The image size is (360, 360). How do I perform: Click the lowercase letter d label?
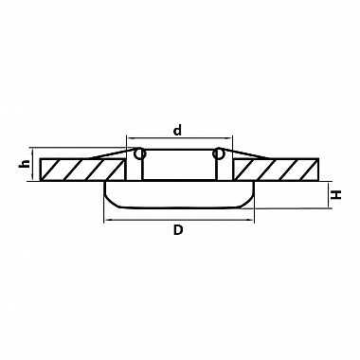(x=178, y=130)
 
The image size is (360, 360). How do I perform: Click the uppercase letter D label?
(x=178, y=230)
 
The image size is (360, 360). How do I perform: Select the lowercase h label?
(x=25, y=163)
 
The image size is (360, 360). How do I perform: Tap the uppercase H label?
(x=337, y=194)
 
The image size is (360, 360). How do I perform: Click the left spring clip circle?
(x=139, y=153)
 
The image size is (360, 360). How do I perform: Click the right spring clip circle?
(x=218, y=153)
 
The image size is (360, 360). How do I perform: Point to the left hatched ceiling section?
(x=81, y=170)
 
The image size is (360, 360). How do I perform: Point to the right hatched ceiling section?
(x=277, y=170)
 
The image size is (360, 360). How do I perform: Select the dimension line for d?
(x=179, y=138)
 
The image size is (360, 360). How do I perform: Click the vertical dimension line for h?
(x=32, y=164)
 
